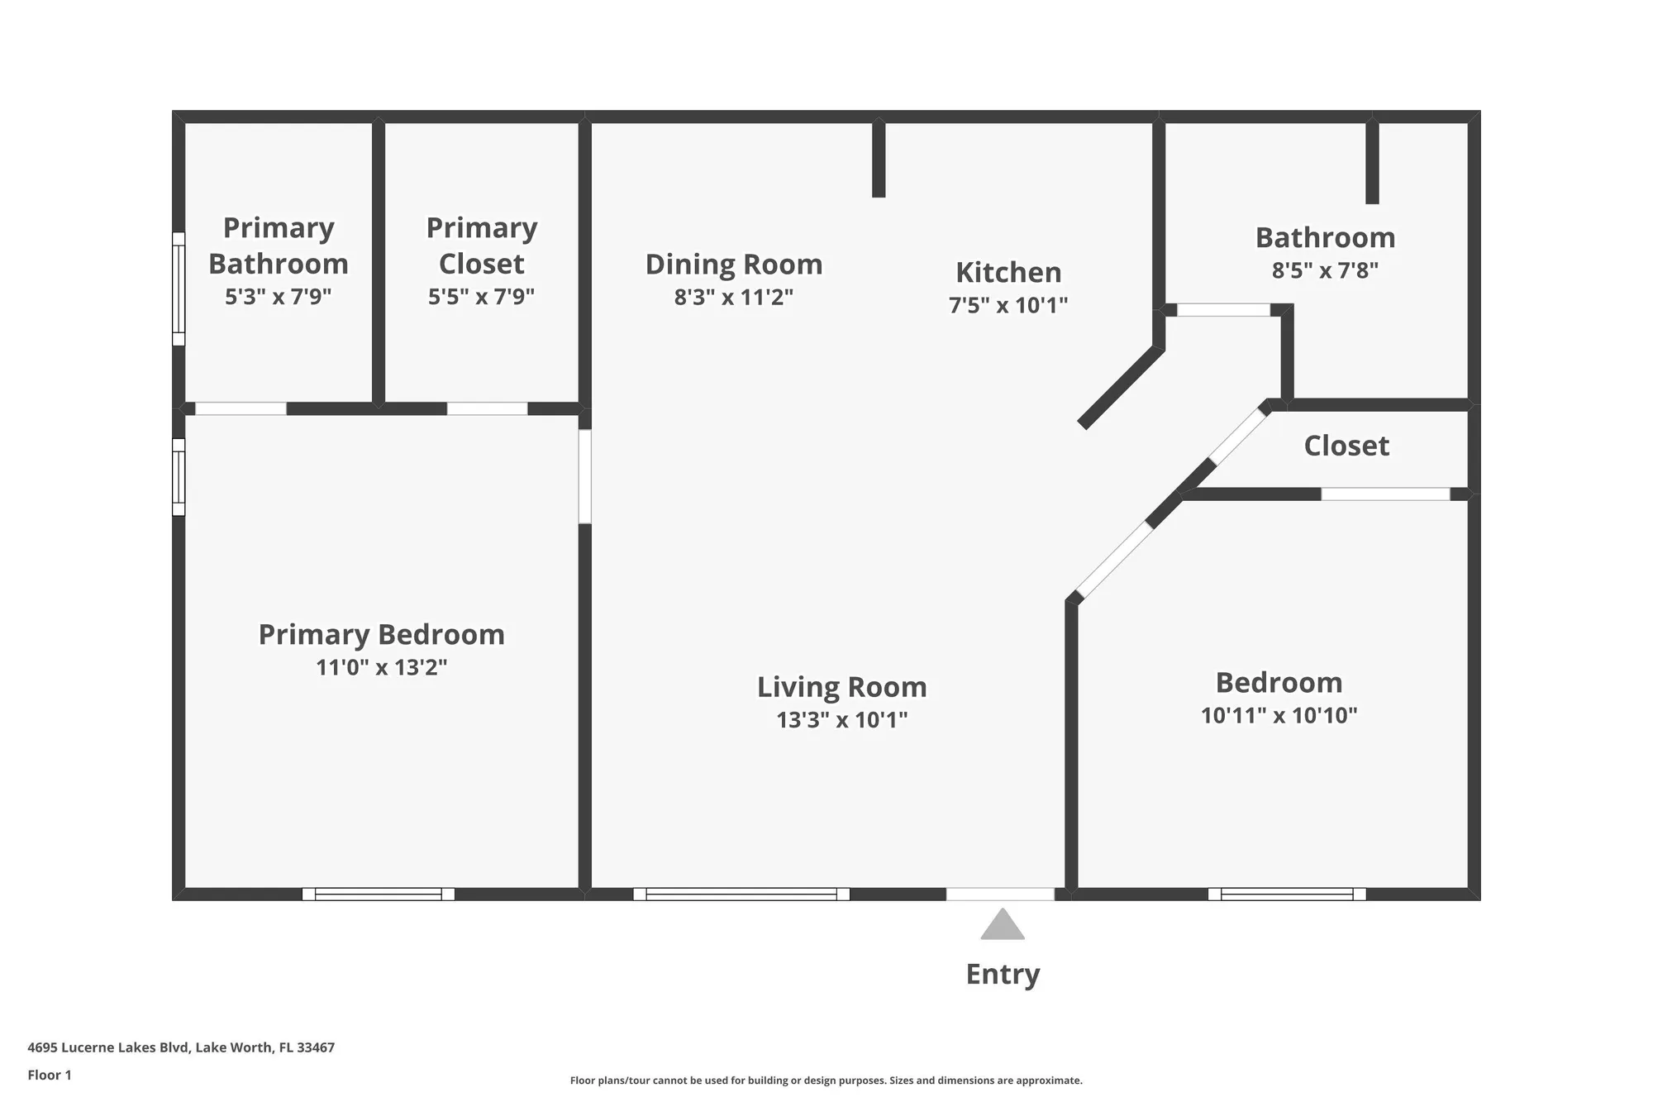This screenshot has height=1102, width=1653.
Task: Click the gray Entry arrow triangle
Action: click(1002, 927)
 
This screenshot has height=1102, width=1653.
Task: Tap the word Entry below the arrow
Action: click(1003, 974)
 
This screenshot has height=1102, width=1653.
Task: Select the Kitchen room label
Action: click(1008, 272)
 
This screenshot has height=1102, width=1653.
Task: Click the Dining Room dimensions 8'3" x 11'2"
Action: click(733, 297)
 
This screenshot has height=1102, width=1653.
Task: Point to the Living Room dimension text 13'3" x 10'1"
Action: click(841, 719)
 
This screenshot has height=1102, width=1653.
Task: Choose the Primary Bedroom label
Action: click(381, 634)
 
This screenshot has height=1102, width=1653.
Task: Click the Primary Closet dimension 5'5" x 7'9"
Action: click(481, 296)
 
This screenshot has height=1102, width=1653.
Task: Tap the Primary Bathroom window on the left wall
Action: click(179, 289)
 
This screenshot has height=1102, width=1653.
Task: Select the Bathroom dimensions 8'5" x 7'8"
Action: click(1325, 270)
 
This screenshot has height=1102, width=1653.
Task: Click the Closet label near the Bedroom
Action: click(1346, 446)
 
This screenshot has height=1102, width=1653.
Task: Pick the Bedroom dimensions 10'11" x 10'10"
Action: click(1279, 715)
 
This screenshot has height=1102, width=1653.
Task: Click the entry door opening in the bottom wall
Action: click(1000, 894)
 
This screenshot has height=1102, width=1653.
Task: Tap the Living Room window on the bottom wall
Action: click(741, 894)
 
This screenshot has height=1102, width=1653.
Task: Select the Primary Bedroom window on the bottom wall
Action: click(379, 894)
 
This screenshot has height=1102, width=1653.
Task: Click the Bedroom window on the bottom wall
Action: click(1287, 894)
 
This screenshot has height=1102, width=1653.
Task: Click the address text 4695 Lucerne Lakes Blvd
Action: click(181, 1047)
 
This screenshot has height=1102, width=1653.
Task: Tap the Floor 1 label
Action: click(50, 1075)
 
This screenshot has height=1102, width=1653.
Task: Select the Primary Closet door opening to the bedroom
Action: click(487, 408)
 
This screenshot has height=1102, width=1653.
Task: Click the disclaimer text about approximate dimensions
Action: click(826, 1081)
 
